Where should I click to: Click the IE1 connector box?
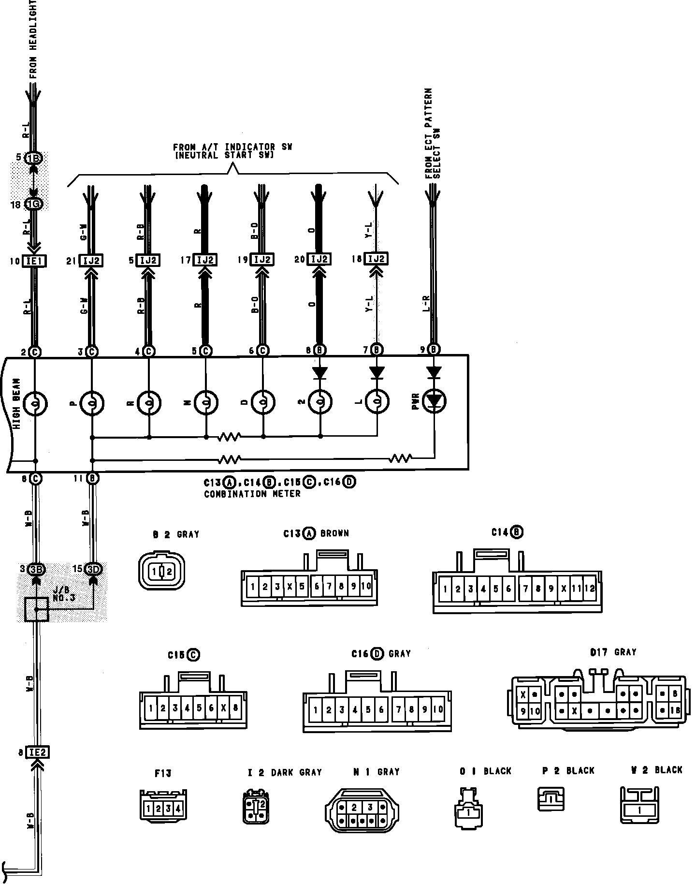(35, 261)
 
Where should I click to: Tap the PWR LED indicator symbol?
(434, 401)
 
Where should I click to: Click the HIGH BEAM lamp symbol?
(35, 402)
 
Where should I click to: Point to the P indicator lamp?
(92, 402)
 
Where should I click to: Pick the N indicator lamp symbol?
(206, 402)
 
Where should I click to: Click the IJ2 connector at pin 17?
(205, 260)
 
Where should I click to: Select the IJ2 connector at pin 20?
(319, 260)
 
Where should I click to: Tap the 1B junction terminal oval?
(34, 159)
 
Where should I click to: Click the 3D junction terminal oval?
(93, 569)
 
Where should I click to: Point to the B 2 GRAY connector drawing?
(162, 571)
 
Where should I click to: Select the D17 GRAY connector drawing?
(597, 702)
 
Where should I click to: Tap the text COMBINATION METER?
(252, 494)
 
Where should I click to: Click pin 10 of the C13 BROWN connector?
(366, 587)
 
